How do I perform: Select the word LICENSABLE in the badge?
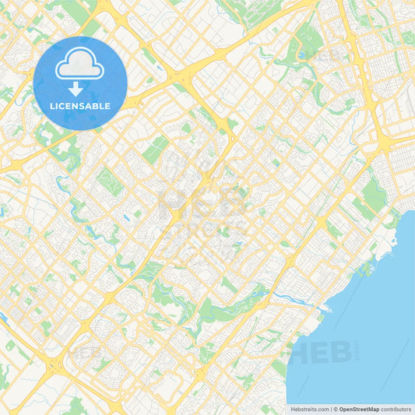[81, 106]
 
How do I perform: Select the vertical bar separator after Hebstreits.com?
[332, 408]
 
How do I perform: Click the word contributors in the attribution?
[396, 408]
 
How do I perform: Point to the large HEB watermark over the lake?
[321, 353]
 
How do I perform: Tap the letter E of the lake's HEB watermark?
[321, 353]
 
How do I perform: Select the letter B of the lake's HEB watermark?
[343, 353]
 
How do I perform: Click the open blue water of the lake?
[374, 311]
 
